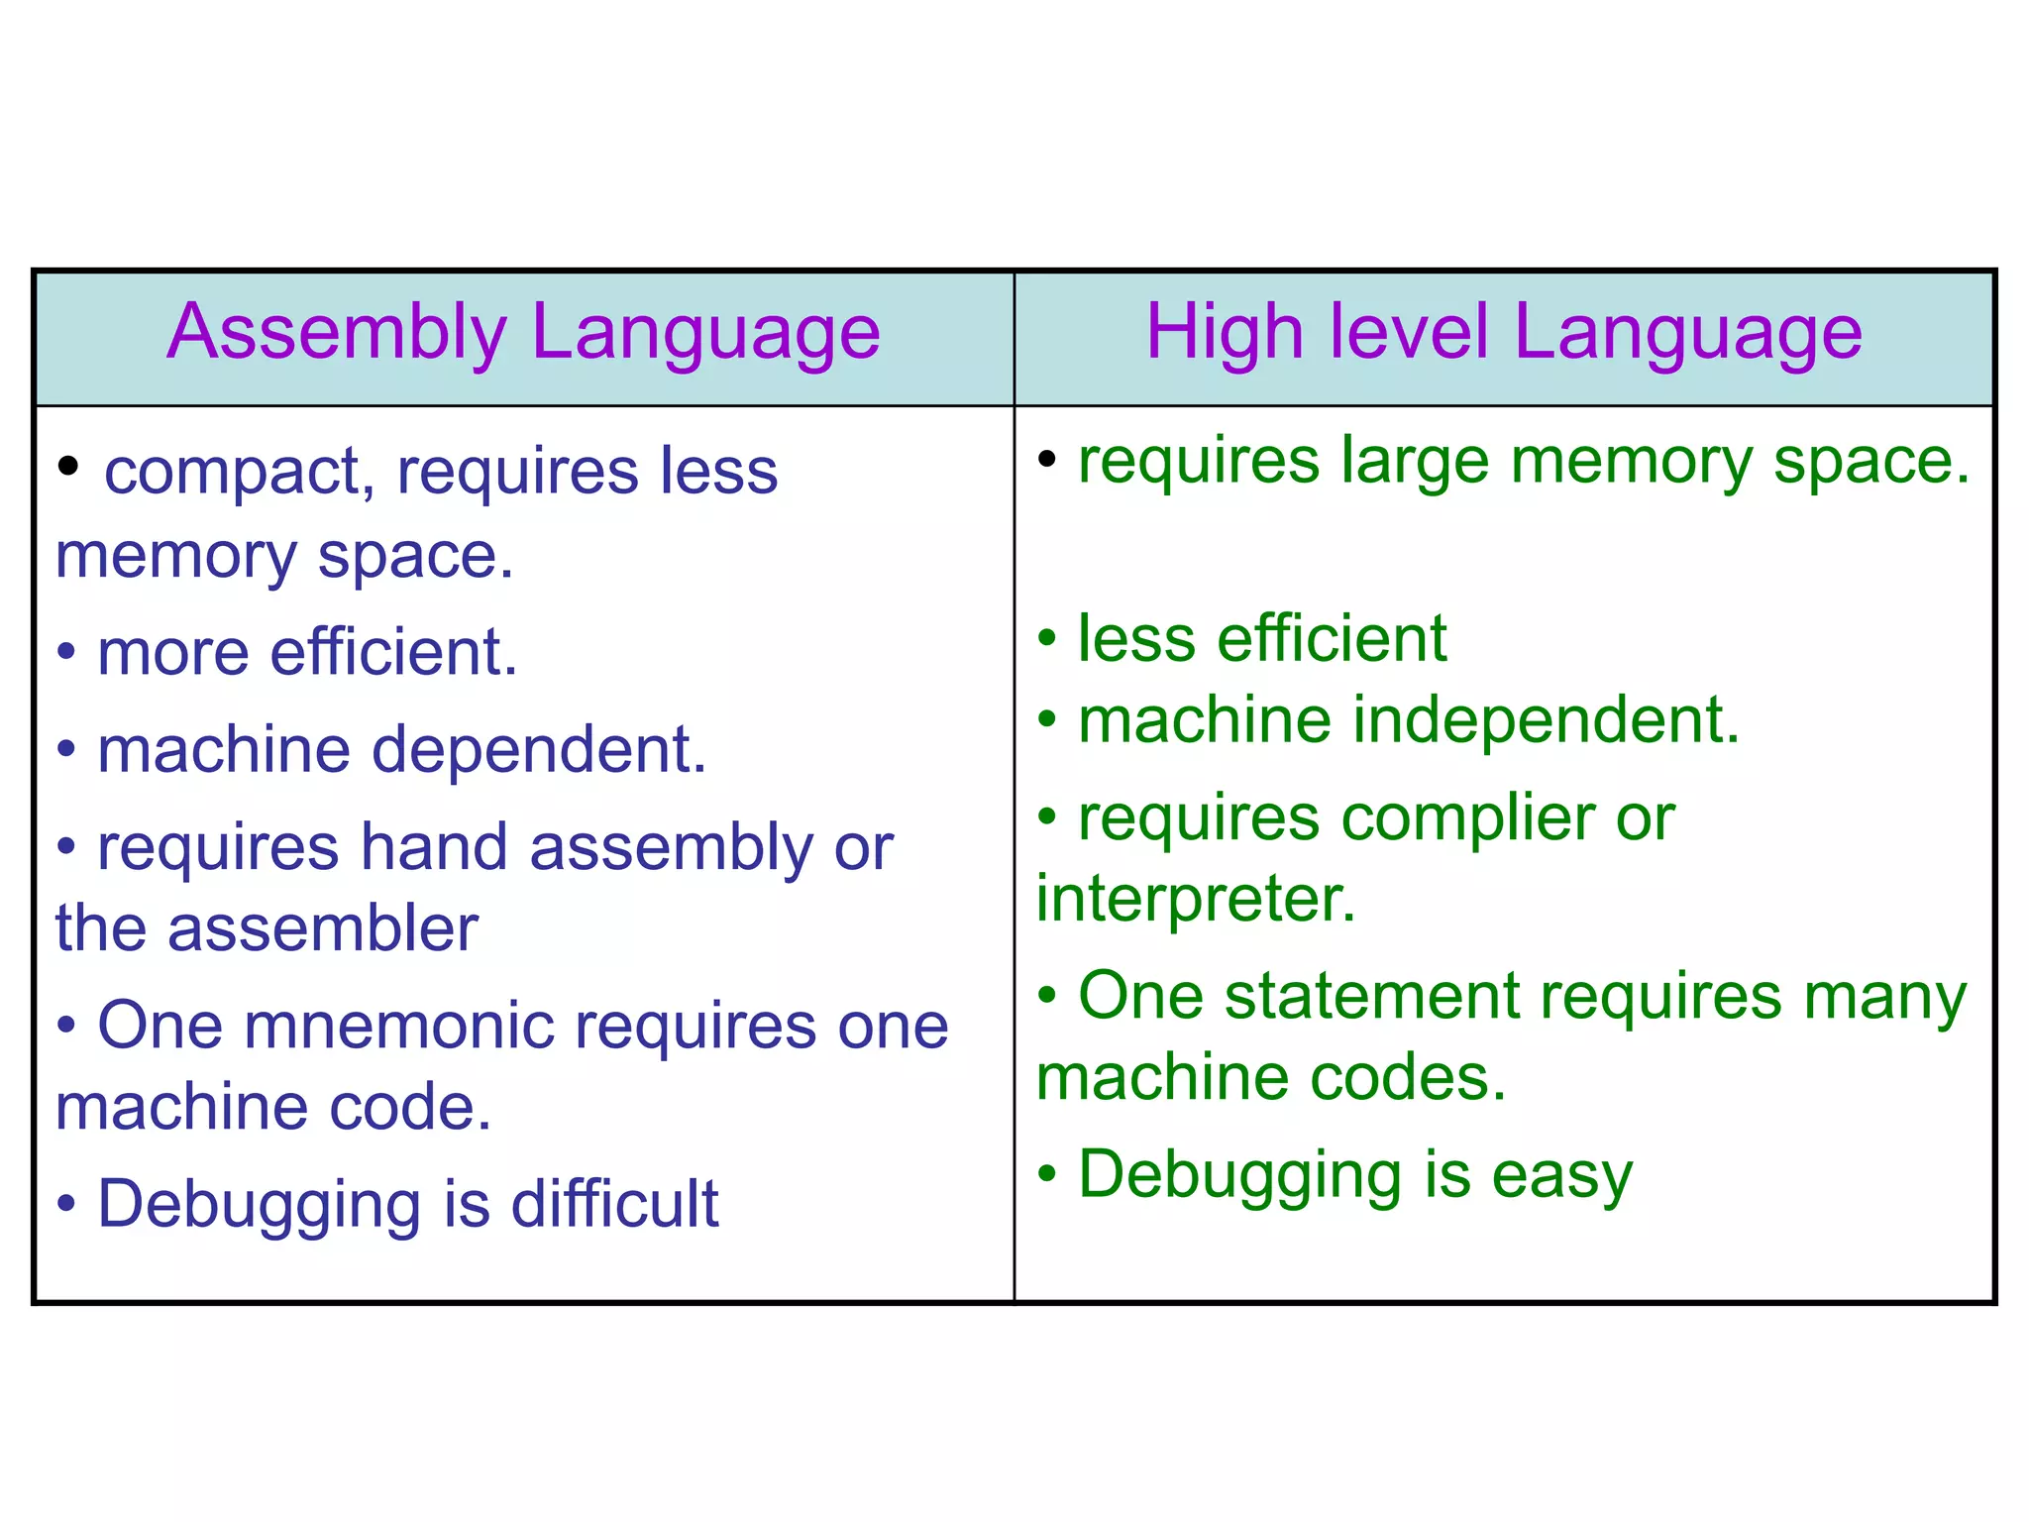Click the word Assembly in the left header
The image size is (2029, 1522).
click(x=337, y=333)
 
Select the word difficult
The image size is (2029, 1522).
click(x=614, y=1204)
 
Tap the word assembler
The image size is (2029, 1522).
click(x=323, y=928)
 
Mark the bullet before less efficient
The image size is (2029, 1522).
click(x=1047, y=638)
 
